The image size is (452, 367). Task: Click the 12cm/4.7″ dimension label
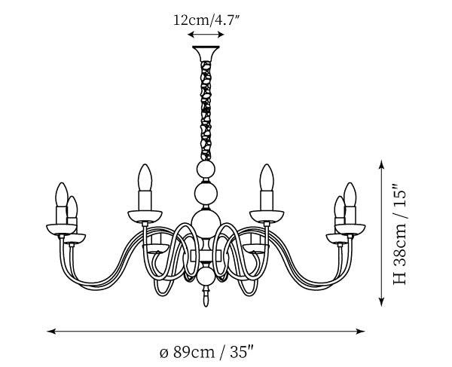click(206, 20)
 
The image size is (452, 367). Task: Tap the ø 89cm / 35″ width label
click(206, 352)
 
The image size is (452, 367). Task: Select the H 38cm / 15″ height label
click(400, 234)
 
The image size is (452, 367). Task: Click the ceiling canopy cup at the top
click(206, 54)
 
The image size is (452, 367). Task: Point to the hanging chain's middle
click(206, 111)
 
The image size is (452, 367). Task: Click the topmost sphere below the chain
click(206, 170)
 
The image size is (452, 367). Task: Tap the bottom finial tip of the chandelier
click(206, 306)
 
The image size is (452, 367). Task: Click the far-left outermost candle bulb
click(62, 194)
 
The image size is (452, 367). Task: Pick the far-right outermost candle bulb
click(350, 194)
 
